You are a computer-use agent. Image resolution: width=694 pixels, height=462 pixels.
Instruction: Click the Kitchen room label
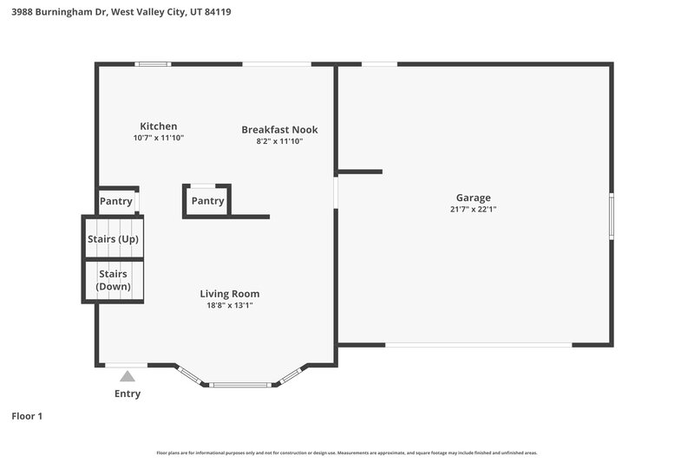tap(159, 127)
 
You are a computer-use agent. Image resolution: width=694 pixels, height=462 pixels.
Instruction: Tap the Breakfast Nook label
tap(279, 130)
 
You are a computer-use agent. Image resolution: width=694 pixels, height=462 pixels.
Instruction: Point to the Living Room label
tap(230, 294)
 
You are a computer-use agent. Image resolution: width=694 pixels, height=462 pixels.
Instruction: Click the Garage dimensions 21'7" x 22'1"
tap(474, 209)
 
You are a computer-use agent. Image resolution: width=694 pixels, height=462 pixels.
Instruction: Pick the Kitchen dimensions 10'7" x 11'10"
tap(159, 138)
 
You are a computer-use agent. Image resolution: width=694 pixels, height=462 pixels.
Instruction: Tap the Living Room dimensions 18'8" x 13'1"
tap(230, 305)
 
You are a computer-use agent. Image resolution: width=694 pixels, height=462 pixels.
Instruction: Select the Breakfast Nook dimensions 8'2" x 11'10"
tap(279, 141)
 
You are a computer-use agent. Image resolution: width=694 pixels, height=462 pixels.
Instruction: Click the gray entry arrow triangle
tap(128, 376)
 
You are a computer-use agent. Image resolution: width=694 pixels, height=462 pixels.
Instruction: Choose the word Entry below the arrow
tap(128, 394)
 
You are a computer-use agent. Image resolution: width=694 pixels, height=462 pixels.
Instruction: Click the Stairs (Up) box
tap(113, 239)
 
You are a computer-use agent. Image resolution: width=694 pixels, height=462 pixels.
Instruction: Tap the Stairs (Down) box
tap(113, 280)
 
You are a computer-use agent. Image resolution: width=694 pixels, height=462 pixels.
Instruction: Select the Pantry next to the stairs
tap(116, 202)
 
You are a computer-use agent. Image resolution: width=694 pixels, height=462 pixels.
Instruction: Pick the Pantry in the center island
tap(207, 201)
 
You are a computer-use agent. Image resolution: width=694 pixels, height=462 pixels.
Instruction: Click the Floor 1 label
tap(27, 416)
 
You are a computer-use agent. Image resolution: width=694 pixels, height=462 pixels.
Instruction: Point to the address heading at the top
tap(121, 13)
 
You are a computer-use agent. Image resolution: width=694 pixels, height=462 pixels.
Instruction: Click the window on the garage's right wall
tap(611, 217)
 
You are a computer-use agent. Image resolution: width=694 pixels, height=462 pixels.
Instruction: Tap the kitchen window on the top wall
tap(154, 63)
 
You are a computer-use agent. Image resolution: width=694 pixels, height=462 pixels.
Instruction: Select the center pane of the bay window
tap(240, 384)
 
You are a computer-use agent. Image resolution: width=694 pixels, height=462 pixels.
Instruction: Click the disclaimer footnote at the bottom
tap(347, 452)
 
